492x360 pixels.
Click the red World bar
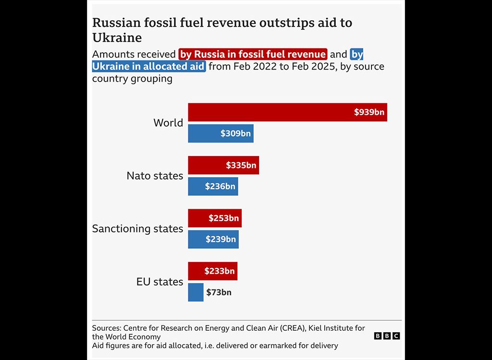coord(269,112)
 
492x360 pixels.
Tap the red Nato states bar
coord(207,166)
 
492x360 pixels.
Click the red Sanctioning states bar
coord(198,218)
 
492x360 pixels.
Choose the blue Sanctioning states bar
coord(197,239)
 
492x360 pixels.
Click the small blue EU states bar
coord(196,292)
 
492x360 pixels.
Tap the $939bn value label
coord(369,112)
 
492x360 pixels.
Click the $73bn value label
coord(219,292)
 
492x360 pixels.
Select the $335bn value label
coord(241,166)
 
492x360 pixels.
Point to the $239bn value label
coord(221,239)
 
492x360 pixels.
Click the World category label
coord(168,123)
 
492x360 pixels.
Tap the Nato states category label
coord(155,176)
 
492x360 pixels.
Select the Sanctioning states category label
coord(137,228)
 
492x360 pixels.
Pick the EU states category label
coord(160,282)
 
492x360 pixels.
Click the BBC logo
coord(387,336)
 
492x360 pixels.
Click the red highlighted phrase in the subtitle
coord(253,54)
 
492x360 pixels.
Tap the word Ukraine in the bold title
coord(117,38)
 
